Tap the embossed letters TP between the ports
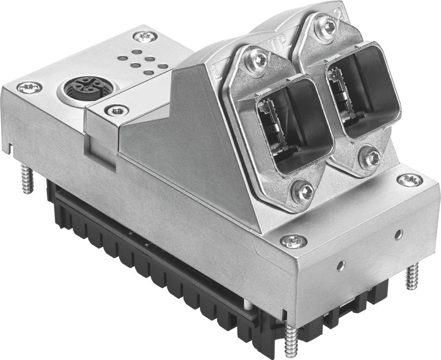276,43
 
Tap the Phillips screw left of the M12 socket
29,87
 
